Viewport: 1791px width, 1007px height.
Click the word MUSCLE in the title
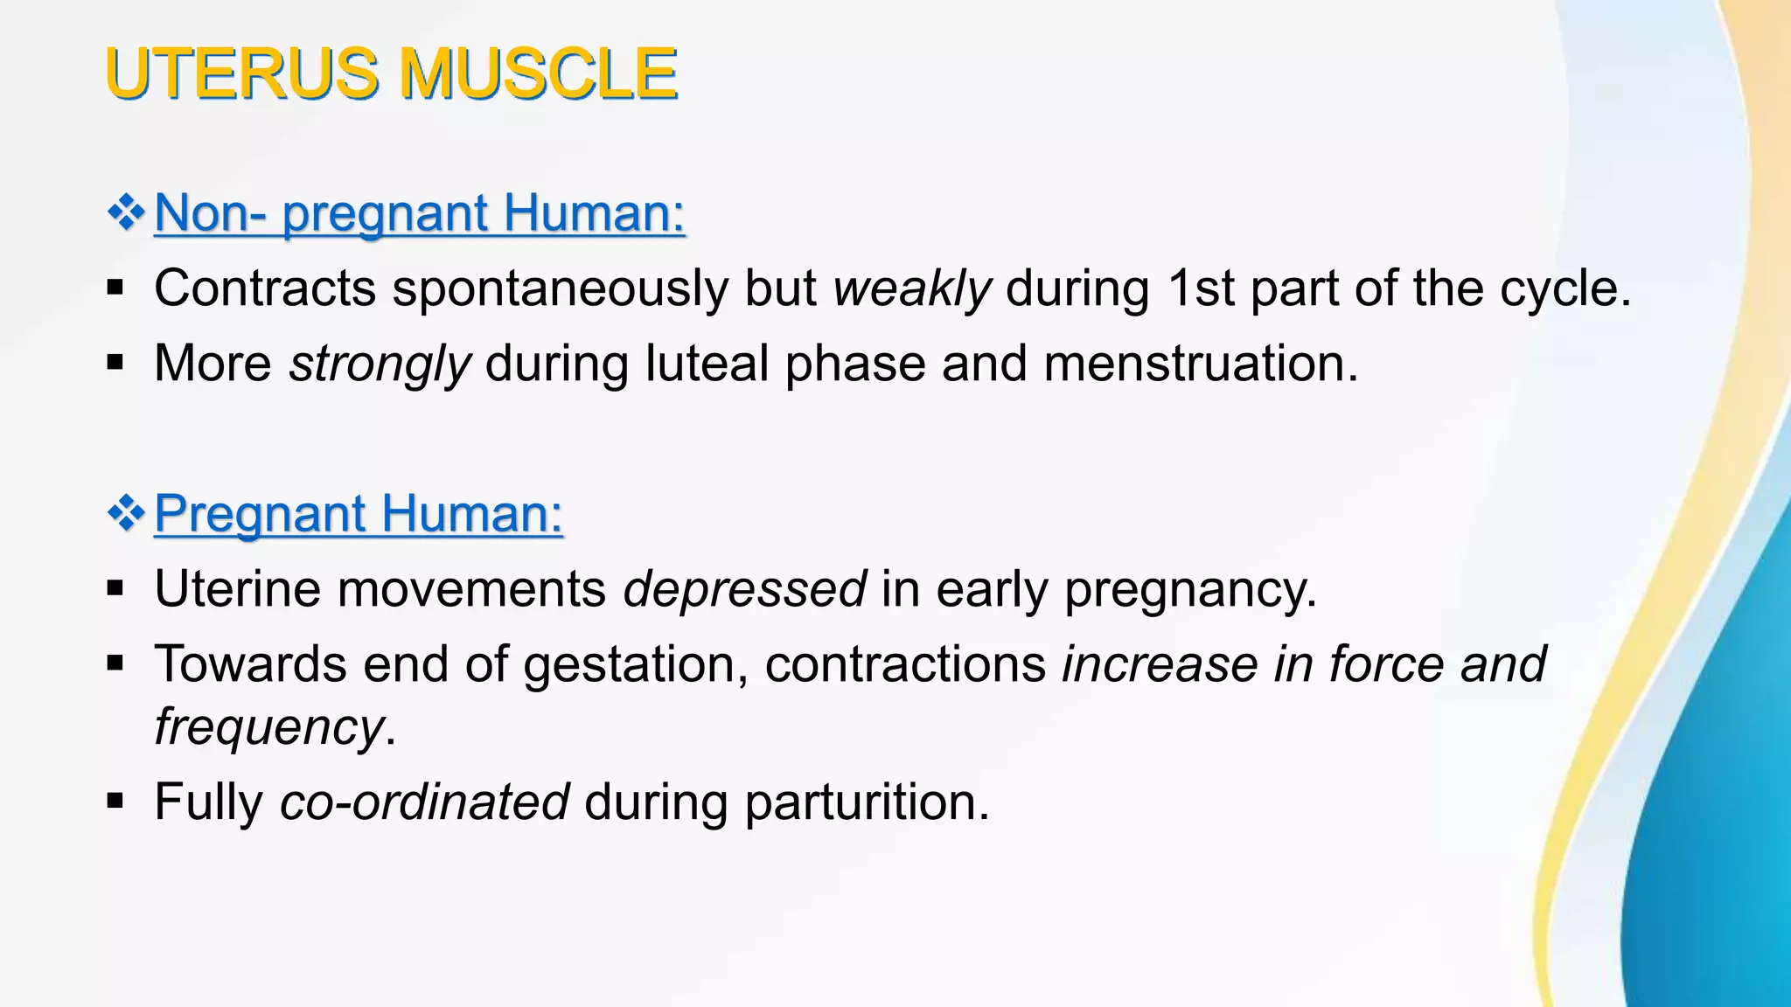(x=538, y=73)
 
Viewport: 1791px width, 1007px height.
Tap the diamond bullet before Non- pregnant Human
(x=126, y=213)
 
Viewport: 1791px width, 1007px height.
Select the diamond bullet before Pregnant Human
(x=126, y=513)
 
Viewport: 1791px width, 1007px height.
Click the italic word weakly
(x=912, y=288)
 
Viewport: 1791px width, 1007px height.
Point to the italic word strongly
(x=380, y=364)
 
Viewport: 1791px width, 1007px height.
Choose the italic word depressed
(x=744, y=588)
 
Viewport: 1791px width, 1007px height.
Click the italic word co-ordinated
(x=424, y=802)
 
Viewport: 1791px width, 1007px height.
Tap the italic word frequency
(x=268, y=726)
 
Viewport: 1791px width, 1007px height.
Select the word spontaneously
(x=560, y=288)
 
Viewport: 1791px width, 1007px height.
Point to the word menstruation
(x=1200, y=364)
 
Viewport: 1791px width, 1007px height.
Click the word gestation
(x=635, y=664)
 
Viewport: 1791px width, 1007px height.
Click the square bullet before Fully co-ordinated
(x=115, y=800)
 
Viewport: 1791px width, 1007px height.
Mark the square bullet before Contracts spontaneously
(x=115, y=288)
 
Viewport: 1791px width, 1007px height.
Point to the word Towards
(x=250, y=664)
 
